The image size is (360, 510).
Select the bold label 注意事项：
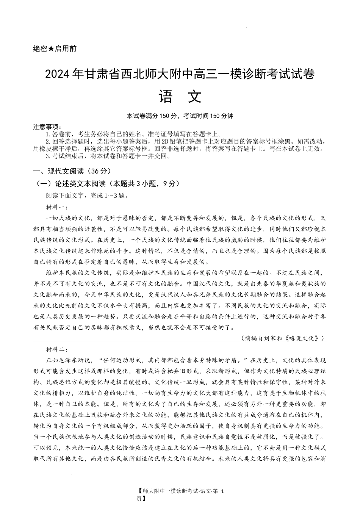tap(47, 127)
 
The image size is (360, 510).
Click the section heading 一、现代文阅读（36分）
tap(72, 171)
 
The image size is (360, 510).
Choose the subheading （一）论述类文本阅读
tap(72, 184)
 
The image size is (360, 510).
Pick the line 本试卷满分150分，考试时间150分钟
tap(180, 116)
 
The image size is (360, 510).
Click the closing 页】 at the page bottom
tap(141, 499)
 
